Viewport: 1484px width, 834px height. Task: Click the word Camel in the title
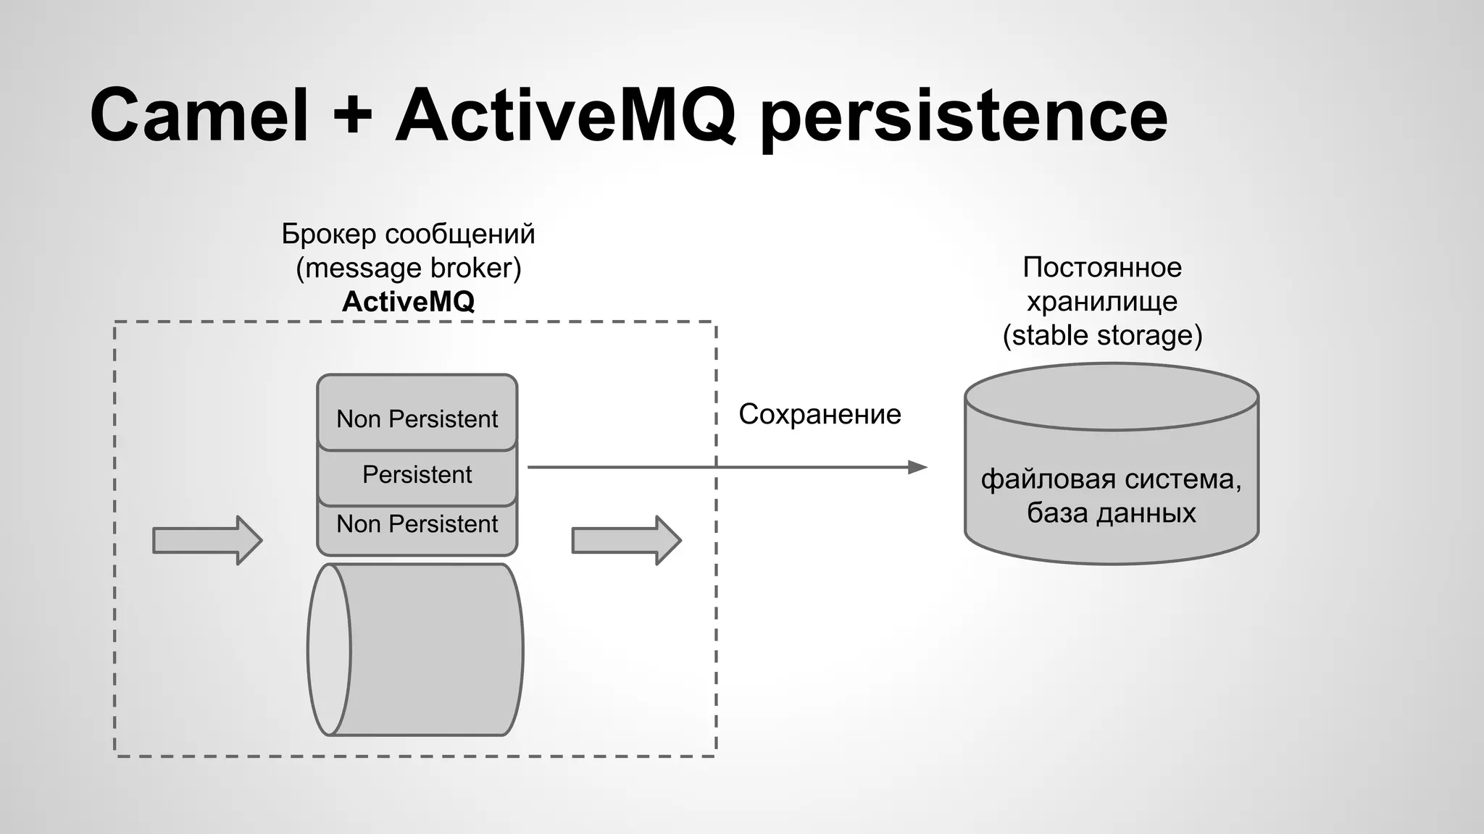pyautogui.click(x=199, y=116)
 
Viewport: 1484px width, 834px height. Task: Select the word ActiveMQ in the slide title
pyautogui.click(x=565, y=116)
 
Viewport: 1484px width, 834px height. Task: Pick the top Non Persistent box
pyautogui.click(x=417, y=418)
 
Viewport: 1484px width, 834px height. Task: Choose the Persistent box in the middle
pyautogui.click(x=417, y=475)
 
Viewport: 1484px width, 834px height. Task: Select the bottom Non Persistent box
pyautogui.click(x=417, y=524)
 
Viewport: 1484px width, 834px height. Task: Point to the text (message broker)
pyautogui.click(x=408, y=268)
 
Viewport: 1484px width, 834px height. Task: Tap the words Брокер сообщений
pyautogui.click(x=408, y=234)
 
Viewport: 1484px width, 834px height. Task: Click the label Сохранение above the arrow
pyautogui.click(x=820, y=414)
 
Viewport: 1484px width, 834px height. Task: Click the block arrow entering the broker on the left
pyautogui.click(x=207, y=540)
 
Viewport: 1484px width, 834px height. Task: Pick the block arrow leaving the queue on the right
pyautogui.click(x=626, y=540)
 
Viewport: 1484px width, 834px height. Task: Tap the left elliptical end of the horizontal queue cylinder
pyautogui.click(x=330, y=649)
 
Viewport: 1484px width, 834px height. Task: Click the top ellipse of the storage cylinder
pyautogui.click(x=1112, y=397)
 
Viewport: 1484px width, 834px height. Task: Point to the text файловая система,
pyautogui.click(x=1111, y=479)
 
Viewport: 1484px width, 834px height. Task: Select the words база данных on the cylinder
pyautogui.click(x=1111, y=513)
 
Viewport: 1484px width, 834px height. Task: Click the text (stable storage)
pyautogui.click(x=1102, y=335)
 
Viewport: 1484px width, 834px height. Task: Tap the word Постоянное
pyautogui.click(x=1102, y=268)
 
